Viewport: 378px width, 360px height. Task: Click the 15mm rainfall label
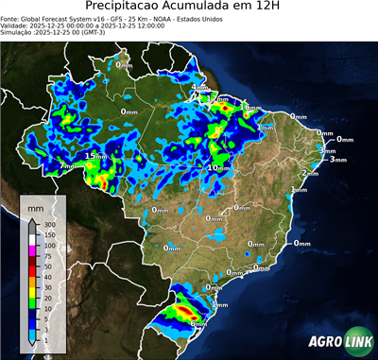click(95, 156)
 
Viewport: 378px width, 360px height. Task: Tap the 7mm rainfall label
click(67, 166)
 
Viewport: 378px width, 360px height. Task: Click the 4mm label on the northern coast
click(199, 88)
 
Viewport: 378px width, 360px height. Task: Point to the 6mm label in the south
click(198, 324)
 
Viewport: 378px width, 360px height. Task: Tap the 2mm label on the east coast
click(309, 174)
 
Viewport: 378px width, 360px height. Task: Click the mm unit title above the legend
click(36, 205)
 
